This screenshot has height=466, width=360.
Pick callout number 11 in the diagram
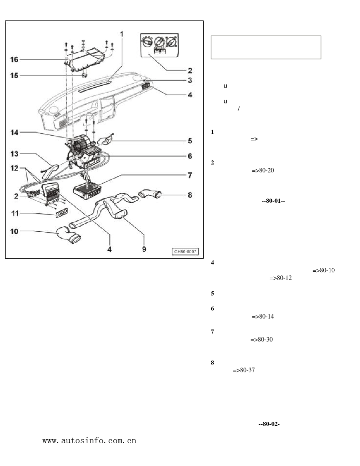pyautogui.click(x=14, y=214)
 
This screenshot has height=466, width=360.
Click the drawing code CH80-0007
pyautogui.click(x=185, y=252)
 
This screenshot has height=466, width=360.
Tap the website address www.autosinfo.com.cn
pyautogui.click(x=89, y=441)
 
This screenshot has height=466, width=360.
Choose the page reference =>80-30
pyautogui.click(x=262, y=339)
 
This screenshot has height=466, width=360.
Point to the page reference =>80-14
pyautogui.click(x=263, y=316)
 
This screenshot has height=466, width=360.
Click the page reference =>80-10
pyautogui.click(x=323, y=271)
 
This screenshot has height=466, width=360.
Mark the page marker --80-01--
pyautogui.click(x=273, y=201)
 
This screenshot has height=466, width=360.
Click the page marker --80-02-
pyautogui.click(x=269, y=424)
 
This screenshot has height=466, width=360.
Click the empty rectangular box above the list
pyautogui.click(x=266, y=47)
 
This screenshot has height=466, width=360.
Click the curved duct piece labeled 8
pyautogui.click(x=152, y=194)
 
